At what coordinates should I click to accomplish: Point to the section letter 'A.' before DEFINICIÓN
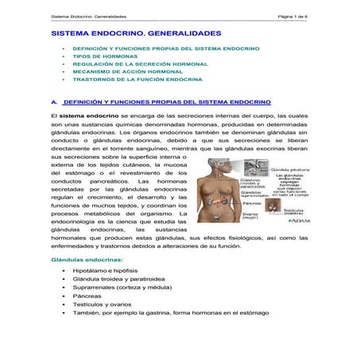pos(53,103)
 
